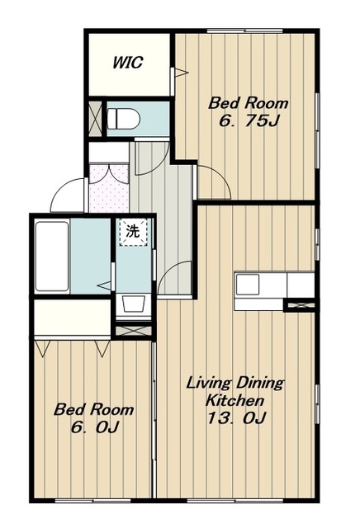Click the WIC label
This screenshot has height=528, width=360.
pyautogui.click(x=128, y=63)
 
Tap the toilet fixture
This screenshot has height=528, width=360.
pyautogui.click(x=123, y=119)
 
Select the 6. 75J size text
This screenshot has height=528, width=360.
pyautogui.click(x=249, y=121)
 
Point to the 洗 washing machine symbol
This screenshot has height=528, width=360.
pyautogui.click(x=134, y=232)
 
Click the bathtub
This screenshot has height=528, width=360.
pyautogui.click(x=52, y=257)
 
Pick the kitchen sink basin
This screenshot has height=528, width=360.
pyautogui.click(x=248, y=285)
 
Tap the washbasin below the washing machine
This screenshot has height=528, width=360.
pyautogui.click(x=133, y=304)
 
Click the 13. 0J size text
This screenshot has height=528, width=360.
pyautogui.click(x=236, y=418)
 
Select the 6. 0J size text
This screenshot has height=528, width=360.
pyautogui.click(x=94, y=427)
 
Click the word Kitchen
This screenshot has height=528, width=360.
pyautogui.click(x=234, y=401)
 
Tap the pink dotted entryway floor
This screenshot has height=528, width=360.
pyautogui.click(x=108, y=188)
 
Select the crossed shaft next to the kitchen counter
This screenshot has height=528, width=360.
pyautogui.click(x=300, y=305)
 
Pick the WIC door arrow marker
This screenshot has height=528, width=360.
pyautogui.click(x=180, y=72)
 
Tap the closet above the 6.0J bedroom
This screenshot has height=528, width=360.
pyautogui.click(x=72, y=317)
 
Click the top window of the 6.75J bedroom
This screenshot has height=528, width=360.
pyautogui.click(x=244, y=31)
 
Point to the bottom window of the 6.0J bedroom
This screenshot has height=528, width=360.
pyautogui.click(x=92, y=501)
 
